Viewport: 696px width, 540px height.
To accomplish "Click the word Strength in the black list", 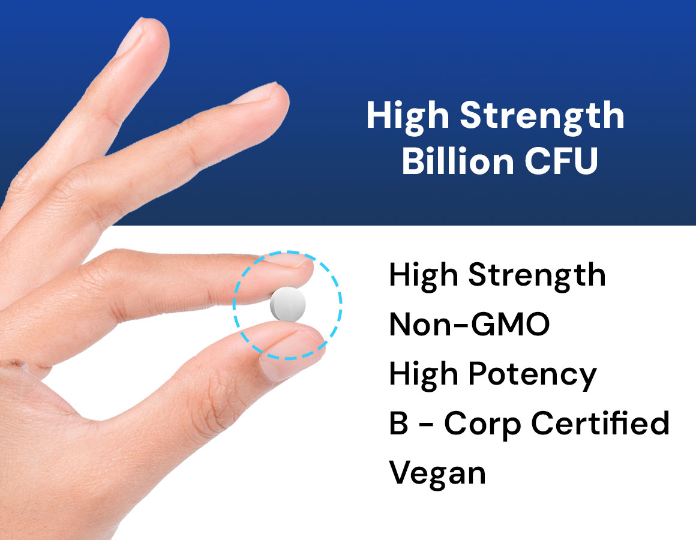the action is [537, 275].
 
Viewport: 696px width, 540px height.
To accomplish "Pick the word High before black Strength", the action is [424, 275].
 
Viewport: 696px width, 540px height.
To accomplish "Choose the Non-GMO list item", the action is [469, 324].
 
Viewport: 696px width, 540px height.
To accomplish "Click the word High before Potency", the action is [424, 374].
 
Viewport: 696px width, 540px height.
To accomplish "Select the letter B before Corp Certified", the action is [398, 423].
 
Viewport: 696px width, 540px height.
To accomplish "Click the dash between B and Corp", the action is [427, 425].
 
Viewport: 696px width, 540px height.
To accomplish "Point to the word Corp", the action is [482, 424].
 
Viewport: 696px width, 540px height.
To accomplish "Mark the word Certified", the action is [600, 422].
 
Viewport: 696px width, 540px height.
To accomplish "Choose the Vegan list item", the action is [437, 473].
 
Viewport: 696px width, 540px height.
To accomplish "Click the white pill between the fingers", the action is [287, 304].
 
